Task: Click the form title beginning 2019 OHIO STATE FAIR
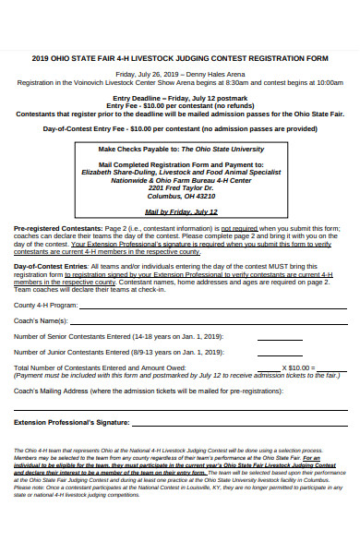pyautogui.click(x=179, y=57)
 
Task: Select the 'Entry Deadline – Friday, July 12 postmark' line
pyautogui.click(x=179, y=97)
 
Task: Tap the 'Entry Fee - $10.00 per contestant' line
pyautogui.click(x=179, y=105)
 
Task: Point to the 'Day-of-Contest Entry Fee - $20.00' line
pyautogui.click(x=179, y=128)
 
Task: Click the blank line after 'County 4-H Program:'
pyautogui.click(x=212, y=306)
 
